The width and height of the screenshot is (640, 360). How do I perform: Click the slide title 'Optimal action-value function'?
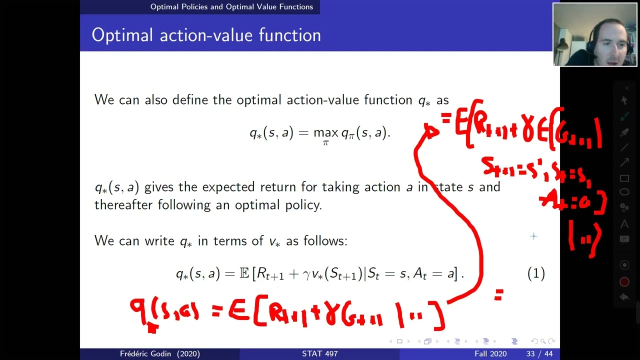tap(206, 35)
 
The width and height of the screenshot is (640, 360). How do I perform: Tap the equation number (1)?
tap(536, 273)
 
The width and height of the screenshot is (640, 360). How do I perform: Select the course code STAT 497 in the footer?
tap(319, 354)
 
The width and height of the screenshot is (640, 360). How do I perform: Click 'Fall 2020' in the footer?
tap(490, 354)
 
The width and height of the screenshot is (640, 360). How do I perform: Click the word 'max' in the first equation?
tap(325, 133)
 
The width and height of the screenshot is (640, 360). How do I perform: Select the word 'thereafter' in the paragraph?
tap(124, 205)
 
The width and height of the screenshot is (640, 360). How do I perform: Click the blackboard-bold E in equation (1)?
tap(244, 273)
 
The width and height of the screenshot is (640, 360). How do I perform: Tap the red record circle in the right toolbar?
tap(624, 282)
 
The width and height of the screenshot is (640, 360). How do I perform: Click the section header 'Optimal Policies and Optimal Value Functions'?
tap(231, 7)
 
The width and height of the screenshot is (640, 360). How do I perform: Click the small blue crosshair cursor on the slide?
tap(533, 236)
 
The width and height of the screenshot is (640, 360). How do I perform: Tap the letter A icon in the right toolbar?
tap(624, 224)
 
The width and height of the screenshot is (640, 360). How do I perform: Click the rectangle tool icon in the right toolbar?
tap(624, 178)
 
